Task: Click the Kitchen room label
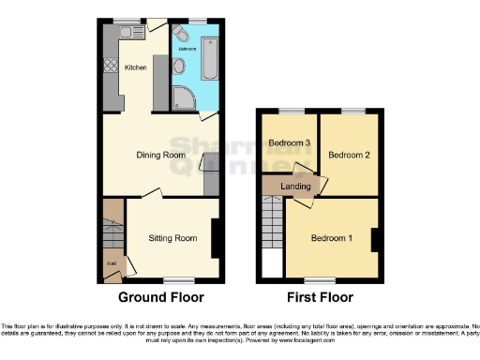point(135,67)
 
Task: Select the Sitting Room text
point(172,238)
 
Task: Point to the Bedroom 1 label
point(332,237)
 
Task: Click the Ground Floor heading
point(160,297)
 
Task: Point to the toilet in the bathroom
point(183,37)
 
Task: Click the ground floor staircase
point(112,234)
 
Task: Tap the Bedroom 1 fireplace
point(374,240)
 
